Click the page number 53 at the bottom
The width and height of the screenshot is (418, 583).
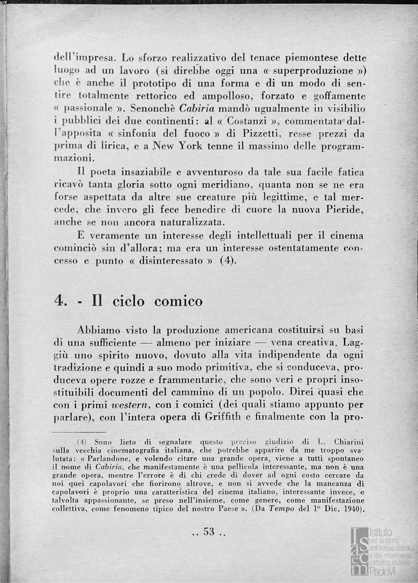[x=209, y=532]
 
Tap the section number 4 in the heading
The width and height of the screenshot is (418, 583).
[x=59, y=301]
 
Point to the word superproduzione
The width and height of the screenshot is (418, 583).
[x=315, y=71]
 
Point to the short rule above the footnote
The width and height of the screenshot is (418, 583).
[x=80, y=432]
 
